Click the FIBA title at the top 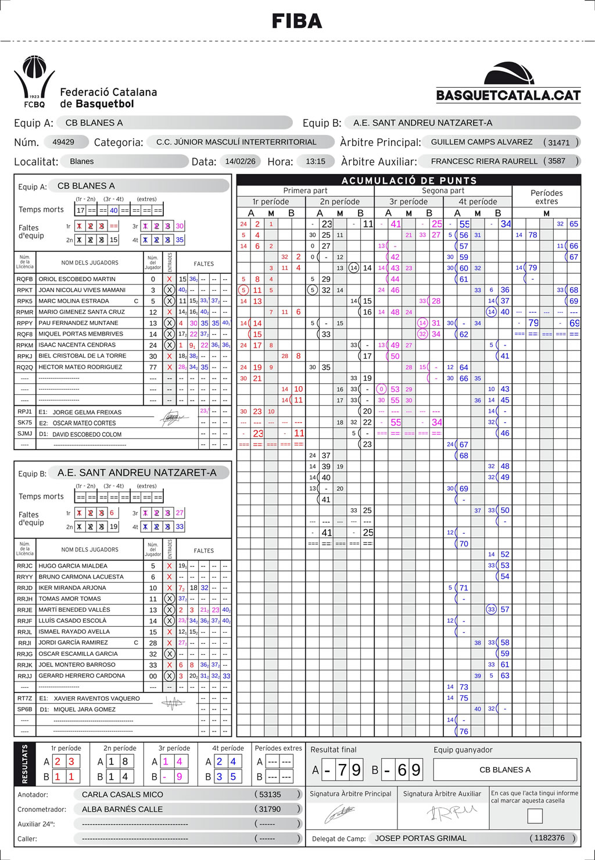click(x=297, y=22)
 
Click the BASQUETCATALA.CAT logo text click(x=508, y=95)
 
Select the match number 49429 click(x=63, y=142)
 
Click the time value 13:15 click(x=316, y=162)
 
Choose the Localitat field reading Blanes click(x=82, y=162)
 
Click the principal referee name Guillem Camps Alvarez click(x=482, y=142)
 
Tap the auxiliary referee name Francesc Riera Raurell click(x=484, y=162)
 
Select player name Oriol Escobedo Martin click(x=77, y=279)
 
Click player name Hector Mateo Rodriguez click(x=80, y=367)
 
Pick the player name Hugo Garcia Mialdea click(x=73, y=566)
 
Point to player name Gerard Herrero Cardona click(x=81, y=676)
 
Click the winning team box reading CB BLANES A click(x=505, y=770)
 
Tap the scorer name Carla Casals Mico click(x=123, y=794)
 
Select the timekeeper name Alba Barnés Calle click(x=122, y=809)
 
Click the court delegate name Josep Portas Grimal click(x=421, y=838)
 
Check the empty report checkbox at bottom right click(x=535, y=816)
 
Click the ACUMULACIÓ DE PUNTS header click(x=409, y=180)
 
